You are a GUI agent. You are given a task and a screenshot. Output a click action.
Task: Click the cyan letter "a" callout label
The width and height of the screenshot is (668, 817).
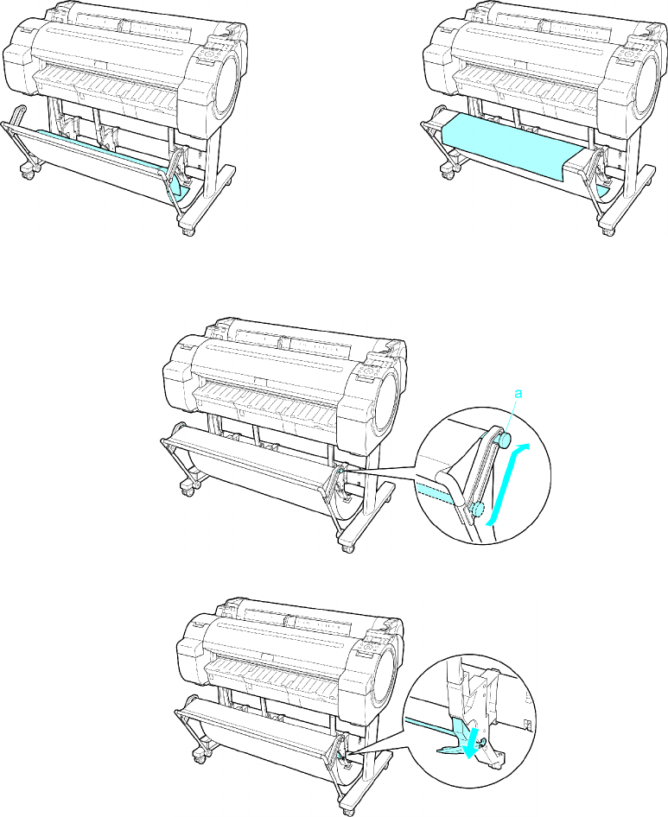[x=518, y=394]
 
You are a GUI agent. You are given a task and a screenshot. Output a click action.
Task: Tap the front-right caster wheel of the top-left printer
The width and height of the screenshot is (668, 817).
[x=188, y=229]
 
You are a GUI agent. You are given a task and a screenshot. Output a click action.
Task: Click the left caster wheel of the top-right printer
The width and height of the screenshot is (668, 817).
[x=448, y=172]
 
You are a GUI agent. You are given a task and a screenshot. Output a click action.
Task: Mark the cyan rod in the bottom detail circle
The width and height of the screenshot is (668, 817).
[x=429, y=725]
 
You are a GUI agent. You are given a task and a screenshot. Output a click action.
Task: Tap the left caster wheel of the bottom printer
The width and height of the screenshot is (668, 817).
[x=200, y=756]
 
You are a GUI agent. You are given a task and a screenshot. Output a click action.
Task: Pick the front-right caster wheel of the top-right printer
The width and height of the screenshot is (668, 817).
[x=608, y=229]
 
